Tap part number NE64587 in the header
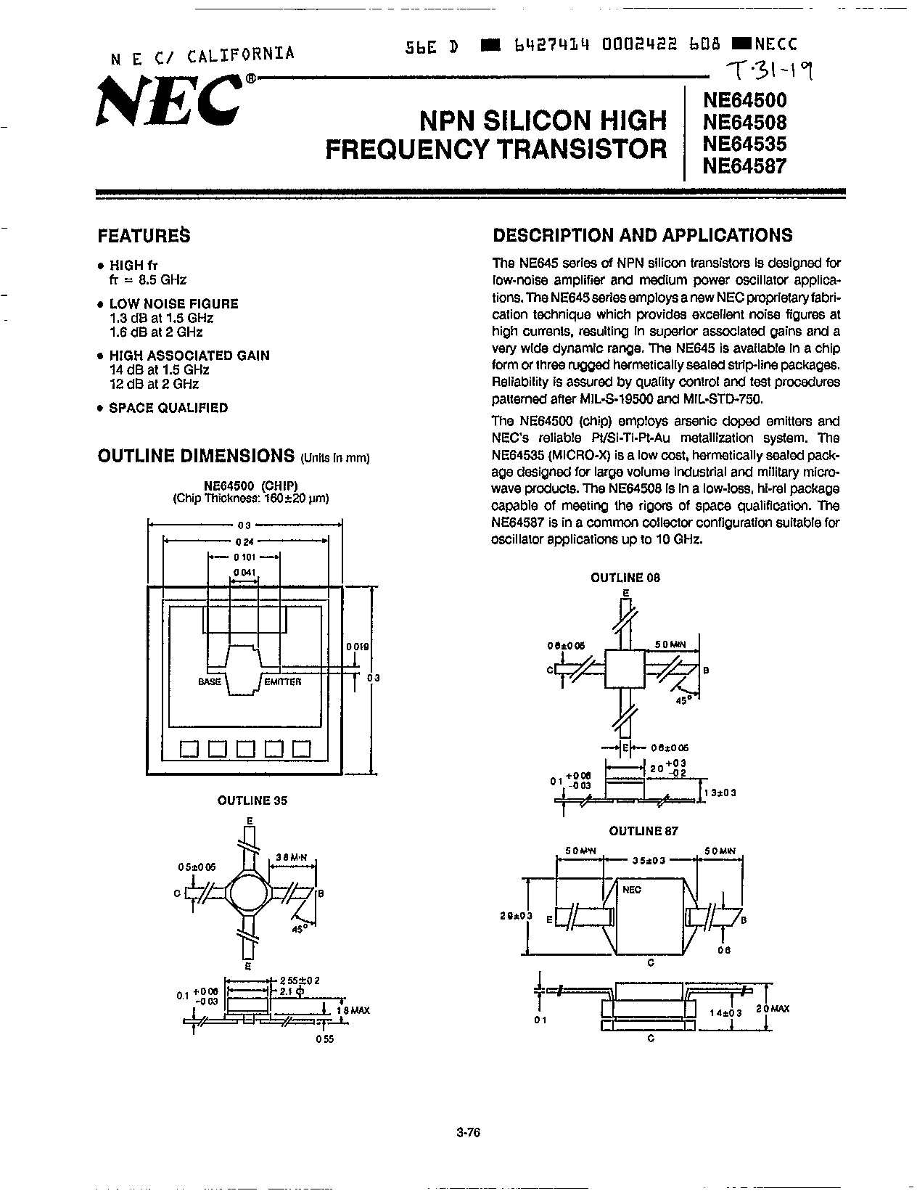[x=744, y=165]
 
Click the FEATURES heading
[x=144, y=235]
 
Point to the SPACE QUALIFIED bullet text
[x=168, y=408]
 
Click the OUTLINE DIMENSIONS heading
[x=195, y=456]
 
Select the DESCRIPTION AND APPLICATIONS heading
[x=642, y=235]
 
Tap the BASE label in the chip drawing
[x=210, y=681]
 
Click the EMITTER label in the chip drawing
[x=283, y=681]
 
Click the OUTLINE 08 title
[x=625, y=578]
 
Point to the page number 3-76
[x=469, y=1133]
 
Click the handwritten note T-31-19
[x=770, y=70]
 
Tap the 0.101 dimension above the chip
[x=244, y=557]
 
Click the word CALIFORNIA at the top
[x=241, y=54]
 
